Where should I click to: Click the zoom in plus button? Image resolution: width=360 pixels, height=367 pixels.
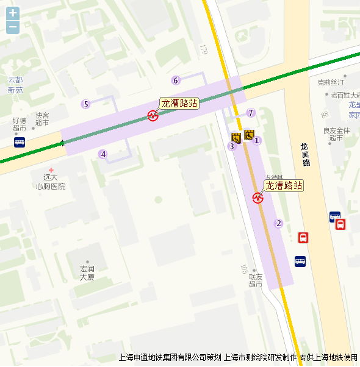(13, 13)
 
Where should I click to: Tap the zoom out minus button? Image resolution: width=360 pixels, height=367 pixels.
(13, 27)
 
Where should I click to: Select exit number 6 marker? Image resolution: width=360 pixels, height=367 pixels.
(176, 80)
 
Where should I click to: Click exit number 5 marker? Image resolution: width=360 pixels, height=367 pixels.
(86, 104)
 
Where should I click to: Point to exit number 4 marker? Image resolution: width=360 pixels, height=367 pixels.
(104, 154)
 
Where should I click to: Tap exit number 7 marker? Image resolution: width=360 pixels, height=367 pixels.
(250, 113)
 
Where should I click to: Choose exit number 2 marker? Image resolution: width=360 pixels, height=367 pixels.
(279, 223)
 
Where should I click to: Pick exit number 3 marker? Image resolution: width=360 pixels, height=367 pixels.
(231, 146)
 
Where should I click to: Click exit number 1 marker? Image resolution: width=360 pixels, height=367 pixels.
(257, 141)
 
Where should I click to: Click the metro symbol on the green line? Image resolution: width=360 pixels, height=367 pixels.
(153, 115)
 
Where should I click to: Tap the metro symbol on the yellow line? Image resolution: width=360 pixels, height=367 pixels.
(258, 197)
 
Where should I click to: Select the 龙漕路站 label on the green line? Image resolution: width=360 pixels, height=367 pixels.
(179, 103)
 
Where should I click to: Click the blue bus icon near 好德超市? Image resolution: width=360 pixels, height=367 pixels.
(20, 142)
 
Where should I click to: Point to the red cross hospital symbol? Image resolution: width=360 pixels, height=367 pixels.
(51, 170)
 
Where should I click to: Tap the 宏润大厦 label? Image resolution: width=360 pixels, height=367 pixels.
(87, 273)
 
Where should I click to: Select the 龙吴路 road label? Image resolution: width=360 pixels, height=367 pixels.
(305, 154)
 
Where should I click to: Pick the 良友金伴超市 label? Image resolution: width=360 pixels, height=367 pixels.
(336, 134)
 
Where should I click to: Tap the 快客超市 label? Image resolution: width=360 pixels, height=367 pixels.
(42, 118)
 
